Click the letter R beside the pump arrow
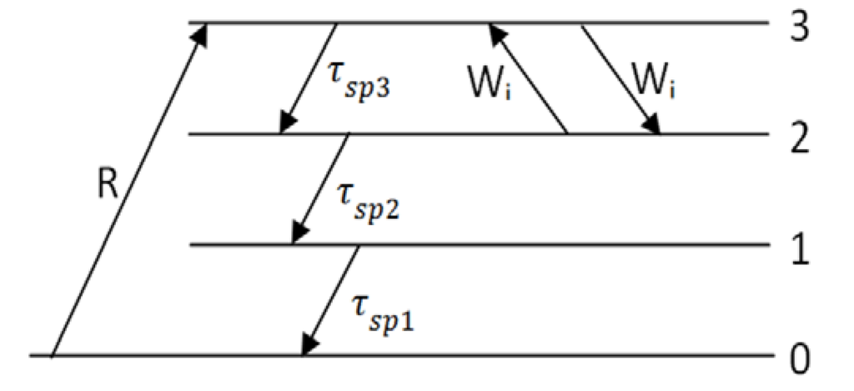pos(107,188)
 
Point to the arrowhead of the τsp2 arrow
pos(296,237)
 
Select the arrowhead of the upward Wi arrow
pos(494,31)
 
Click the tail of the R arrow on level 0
pos(53,356)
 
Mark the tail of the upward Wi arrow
pos(568,133)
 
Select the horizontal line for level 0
pos(500,357)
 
